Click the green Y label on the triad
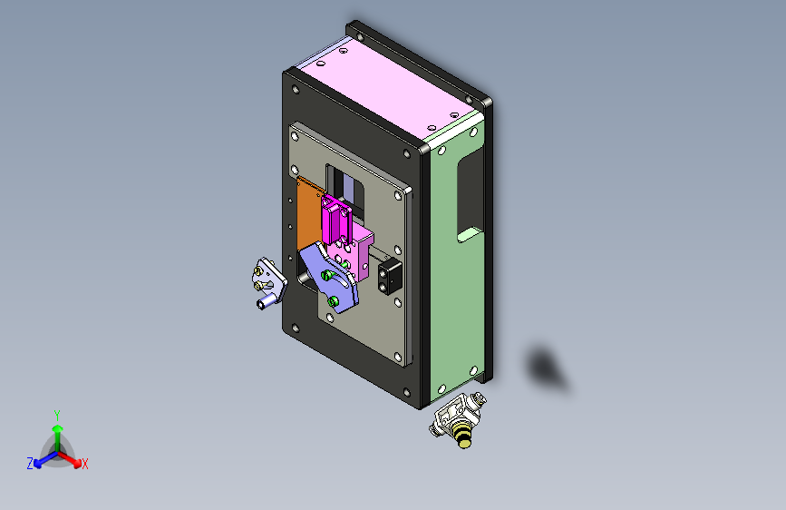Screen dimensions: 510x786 click(57, 414)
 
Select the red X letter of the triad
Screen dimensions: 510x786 click(85, 465)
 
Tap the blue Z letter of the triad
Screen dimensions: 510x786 click(30, 464)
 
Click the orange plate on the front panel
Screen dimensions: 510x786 click(309, 219)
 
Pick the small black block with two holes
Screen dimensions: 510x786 click(388, 276)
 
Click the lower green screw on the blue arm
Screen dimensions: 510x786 click(334, 301)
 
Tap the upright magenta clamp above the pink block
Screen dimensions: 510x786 click(337, 219)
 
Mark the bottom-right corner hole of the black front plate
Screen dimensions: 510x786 click(407, 393)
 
